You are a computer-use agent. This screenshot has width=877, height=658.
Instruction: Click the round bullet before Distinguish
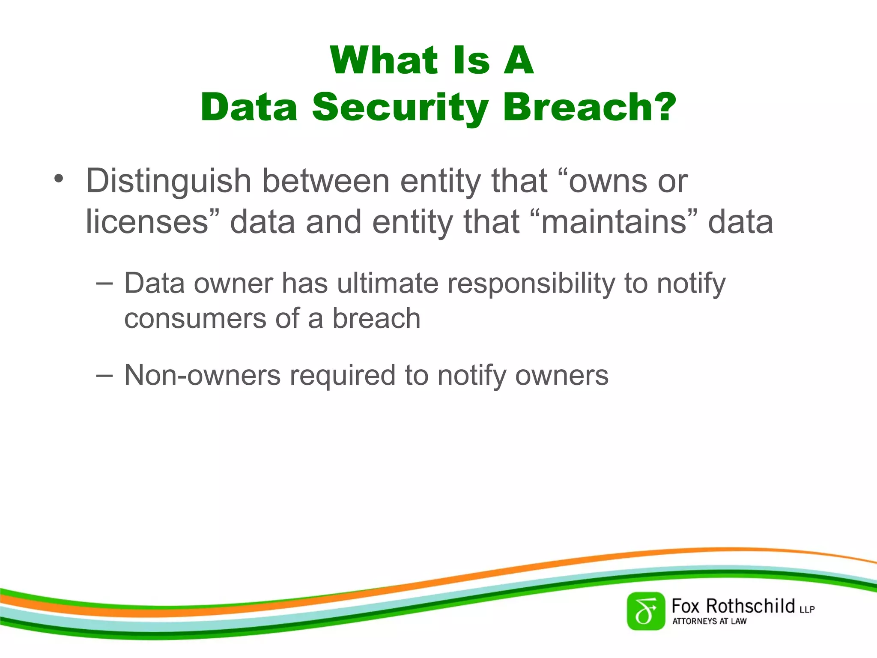58,179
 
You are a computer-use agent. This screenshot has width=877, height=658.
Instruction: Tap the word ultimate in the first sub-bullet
388,284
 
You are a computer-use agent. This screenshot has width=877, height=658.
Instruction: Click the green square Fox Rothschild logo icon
646,611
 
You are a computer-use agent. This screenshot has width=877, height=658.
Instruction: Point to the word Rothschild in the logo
750,606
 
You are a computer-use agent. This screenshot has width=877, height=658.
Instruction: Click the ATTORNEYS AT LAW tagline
709,621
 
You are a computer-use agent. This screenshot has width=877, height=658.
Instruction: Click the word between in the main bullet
325,181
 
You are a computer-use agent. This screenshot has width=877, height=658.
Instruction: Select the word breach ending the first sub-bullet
376,319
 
